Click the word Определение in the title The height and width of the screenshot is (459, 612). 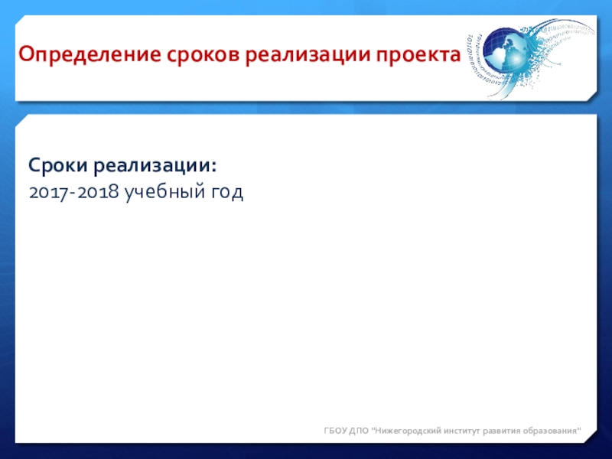click(x=90, y=55)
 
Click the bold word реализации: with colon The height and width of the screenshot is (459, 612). click(x=155, y=166)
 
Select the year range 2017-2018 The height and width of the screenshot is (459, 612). click(x=73, y=192)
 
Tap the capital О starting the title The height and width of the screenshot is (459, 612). click(x=25, y=54)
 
